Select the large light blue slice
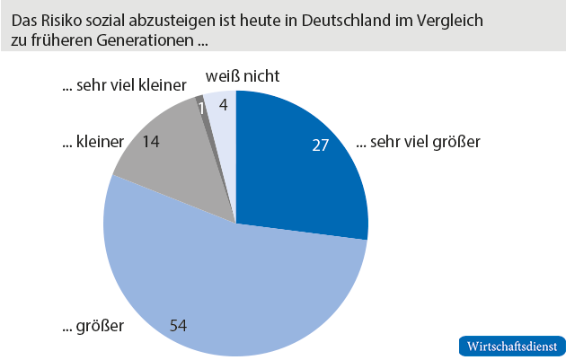click(225, 278)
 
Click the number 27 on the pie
click(323, 145)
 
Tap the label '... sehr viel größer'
click(419, 142)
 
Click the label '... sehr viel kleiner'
click(124, 87)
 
